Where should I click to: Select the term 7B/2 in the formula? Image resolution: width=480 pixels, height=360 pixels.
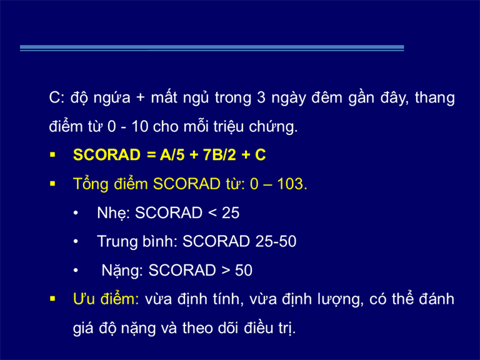pyautogui.click(x=219, y=154)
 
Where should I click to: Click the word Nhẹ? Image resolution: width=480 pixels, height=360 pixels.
pyautogui.click(x=111, y=213)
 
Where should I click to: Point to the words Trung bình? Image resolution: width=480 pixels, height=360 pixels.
pyautogui.click(x=135, y=241)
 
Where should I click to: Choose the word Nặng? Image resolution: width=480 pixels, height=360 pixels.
pyautogui.click(x=120, y=271)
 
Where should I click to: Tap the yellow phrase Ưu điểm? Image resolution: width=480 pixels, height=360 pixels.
pyautogui.click(x=106, y=299)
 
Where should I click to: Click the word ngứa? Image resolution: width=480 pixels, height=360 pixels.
pyautogui.click(x=112, y=98)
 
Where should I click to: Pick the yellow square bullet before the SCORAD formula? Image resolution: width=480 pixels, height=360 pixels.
pyautogui.click(x=52, y=154)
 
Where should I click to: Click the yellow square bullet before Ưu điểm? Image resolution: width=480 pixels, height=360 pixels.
pyautogui.click(x=52, y=299)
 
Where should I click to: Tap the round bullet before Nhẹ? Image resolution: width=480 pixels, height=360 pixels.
pyautogui.click(x=76, y=213)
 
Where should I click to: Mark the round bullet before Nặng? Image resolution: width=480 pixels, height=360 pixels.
pyautogui.click(x=76, y=271)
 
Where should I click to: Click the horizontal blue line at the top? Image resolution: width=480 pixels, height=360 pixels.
pyautogui.click(x=212, y=47)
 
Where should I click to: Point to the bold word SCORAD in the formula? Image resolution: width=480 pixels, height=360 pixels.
pyautogui.click(x=107, y=154)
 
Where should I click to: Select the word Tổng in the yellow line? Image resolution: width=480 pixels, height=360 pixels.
pyautogui.click(x=91, y=184)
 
